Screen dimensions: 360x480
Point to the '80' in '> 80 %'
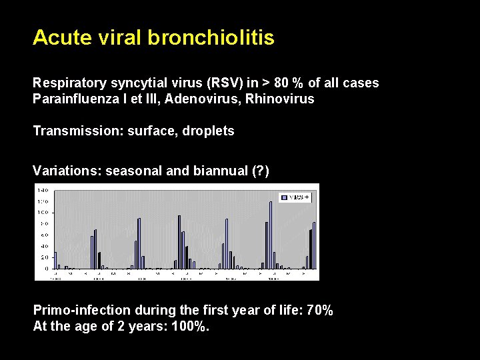pyautogui.click(x=281, y=83)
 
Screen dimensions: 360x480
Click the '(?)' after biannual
pyautogui.click(x=257, y=171)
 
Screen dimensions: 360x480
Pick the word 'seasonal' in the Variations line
pyautogui.click(x=134, y=171)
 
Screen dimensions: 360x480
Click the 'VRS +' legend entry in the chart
pyautogui.click(x=295, y=197)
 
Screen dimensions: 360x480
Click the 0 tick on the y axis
pyautogui.click(x=45, y=268)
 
